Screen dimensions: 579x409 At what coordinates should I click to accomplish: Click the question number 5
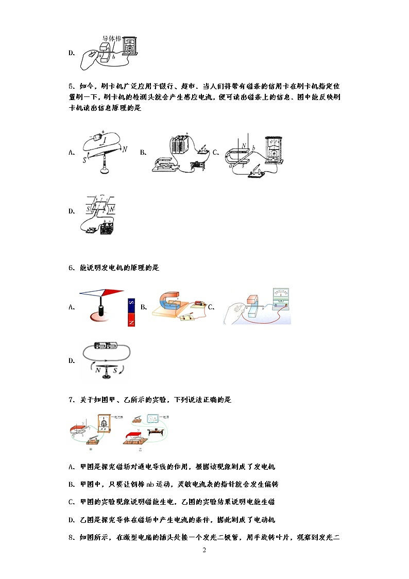71,86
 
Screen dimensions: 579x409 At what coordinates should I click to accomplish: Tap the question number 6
71,268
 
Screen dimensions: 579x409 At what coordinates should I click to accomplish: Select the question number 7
71,400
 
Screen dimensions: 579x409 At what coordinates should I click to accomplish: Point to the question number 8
71,538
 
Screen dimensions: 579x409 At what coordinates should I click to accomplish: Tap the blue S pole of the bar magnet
131,304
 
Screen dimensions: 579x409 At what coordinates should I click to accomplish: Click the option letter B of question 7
71,485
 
